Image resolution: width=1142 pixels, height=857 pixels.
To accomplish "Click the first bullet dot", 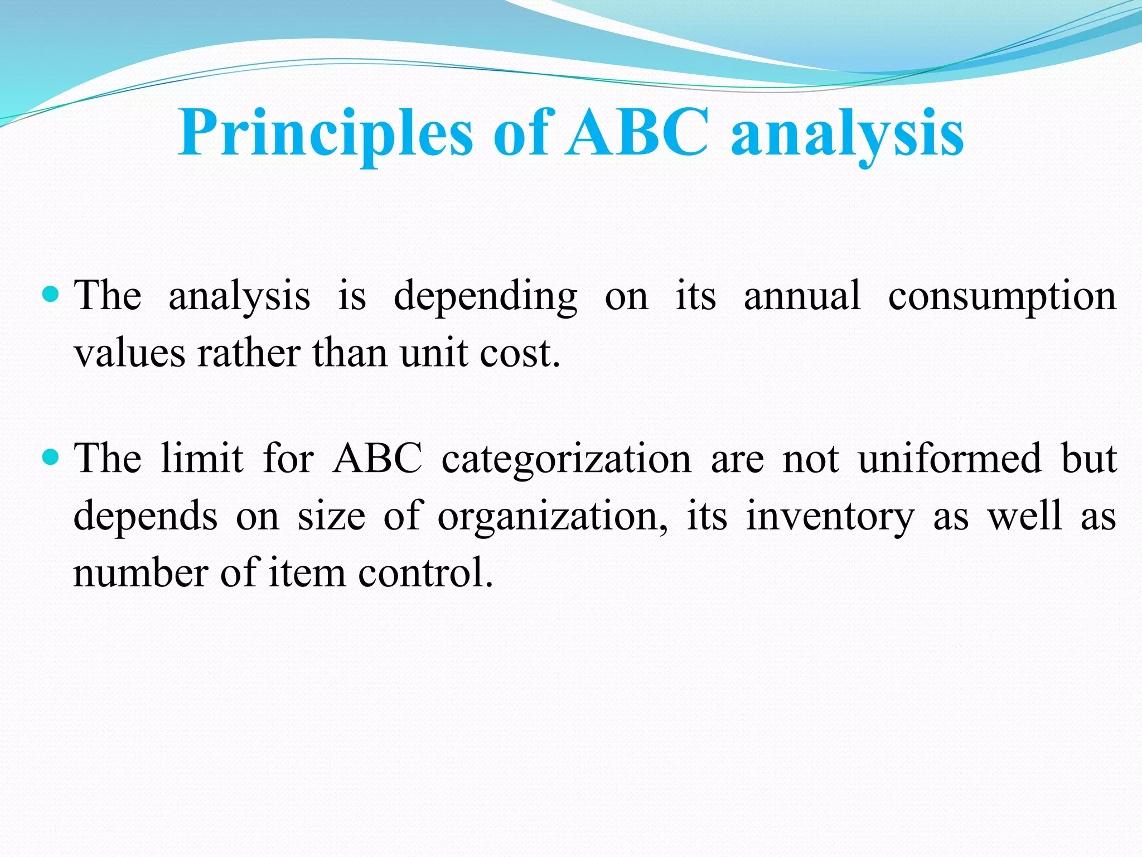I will click(x=51, y=293).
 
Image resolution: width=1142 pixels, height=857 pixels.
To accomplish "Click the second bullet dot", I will click(x=51, y=458).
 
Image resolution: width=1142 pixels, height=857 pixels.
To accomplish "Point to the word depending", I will click(x=485, y=297).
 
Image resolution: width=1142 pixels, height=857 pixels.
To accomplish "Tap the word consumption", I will click(x=1002, y=297).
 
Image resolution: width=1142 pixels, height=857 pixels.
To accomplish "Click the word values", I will click(x=129, y=354).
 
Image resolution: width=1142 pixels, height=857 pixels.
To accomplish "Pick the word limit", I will click(x=202, y=459).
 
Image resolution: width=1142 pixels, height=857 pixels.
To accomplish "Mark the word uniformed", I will click(x=950, y=459).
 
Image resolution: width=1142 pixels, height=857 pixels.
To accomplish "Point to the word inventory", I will click(x=830, y=517).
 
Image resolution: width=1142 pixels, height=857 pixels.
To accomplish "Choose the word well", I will click(x=1025, y=516).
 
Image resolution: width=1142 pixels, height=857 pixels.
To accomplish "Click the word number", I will click(x=141, y=573).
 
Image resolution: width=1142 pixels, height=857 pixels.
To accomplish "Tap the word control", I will click(x=425, y=573).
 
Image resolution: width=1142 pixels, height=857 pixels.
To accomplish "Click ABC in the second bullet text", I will click(x=377, y=459).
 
